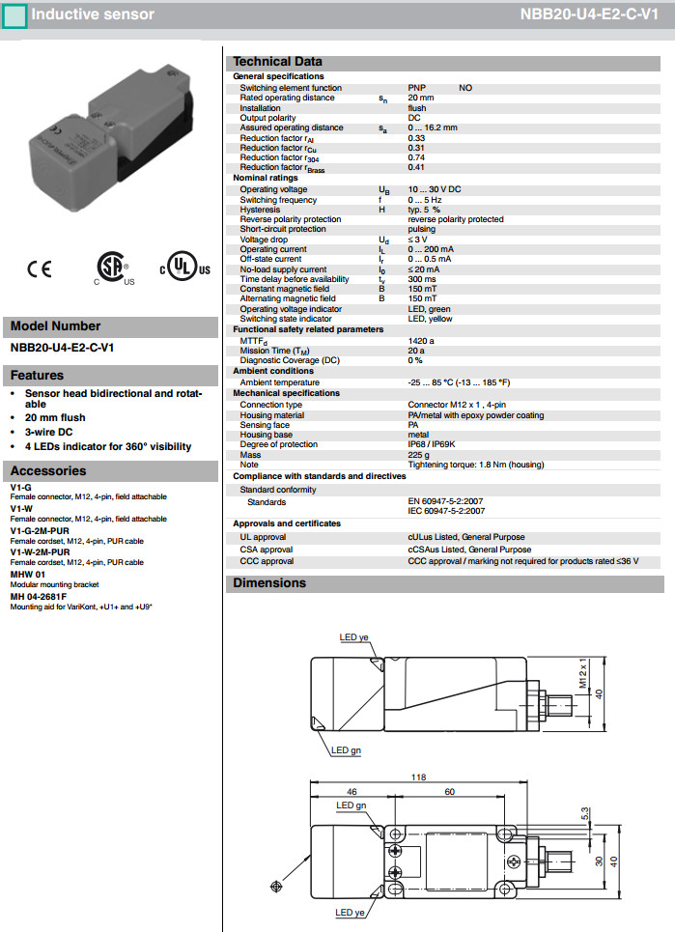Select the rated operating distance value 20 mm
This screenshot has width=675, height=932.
click(421, 98)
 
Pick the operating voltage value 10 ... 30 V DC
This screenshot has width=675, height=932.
click(435, 189)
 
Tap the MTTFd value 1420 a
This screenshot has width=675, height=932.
click(422, 341)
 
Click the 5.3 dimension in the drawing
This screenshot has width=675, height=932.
click(584, 814)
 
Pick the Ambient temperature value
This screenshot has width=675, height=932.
click(459, 382)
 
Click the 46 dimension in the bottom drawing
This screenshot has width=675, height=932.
click(352, 790)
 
